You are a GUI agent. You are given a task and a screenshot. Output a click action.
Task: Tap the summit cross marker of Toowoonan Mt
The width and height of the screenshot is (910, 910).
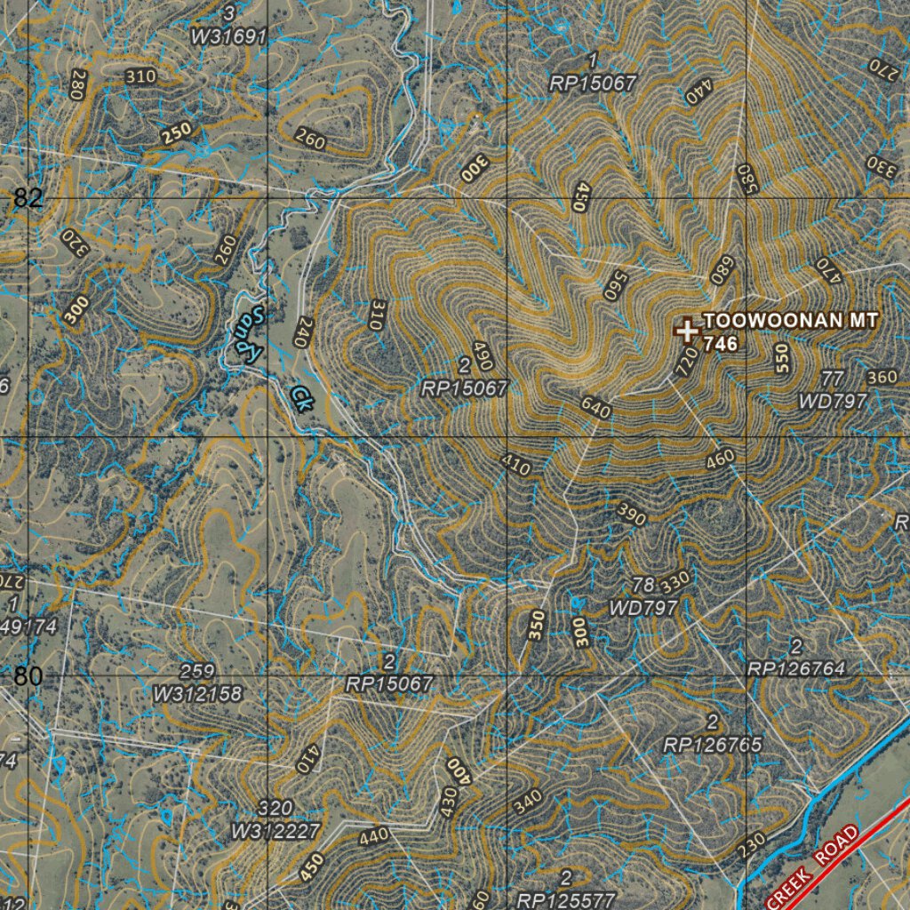[x=686, y=331]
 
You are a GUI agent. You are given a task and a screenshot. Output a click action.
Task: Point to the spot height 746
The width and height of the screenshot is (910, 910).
[x=721, y=344]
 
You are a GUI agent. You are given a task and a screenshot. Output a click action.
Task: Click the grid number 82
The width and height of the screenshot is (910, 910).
[x=28, y=198]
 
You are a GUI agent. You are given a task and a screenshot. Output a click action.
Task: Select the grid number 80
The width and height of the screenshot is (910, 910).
[x=28, y=676]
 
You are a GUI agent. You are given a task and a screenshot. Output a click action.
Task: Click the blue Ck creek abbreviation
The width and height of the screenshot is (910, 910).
[x=301, y=397]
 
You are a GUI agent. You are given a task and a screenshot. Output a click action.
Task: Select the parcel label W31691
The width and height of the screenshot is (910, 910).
[x=229, y=36]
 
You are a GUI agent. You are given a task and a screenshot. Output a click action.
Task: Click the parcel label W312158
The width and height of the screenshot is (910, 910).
[x=197, y=693]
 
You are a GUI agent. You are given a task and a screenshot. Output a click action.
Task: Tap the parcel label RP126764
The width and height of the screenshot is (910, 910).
[x=796, y=668]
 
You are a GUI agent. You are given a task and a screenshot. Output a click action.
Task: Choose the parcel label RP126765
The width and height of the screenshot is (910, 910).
[x=713, y=745]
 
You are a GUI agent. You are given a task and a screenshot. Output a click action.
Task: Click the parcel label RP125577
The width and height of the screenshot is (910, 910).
[x=566, y=899]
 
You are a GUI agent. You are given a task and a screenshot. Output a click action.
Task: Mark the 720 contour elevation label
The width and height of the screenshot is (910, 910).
[x=685, y=363]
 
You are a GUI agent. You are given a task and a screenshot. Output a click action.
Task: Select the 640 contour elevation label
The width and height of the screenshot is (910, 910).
[x=595, y=408]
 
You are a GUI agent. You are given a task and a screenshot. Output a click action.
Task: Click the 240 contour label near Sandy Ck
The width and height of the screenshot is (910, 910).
[x=304, y=331]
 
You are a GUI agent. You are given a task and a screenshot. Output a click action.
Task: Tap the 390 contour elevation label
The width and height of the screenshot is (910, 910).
[x=631, y=515]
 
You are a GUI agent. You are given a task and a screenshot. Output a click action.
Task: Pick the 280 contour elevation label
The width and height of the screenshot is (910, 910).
[x=78, y=85]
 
